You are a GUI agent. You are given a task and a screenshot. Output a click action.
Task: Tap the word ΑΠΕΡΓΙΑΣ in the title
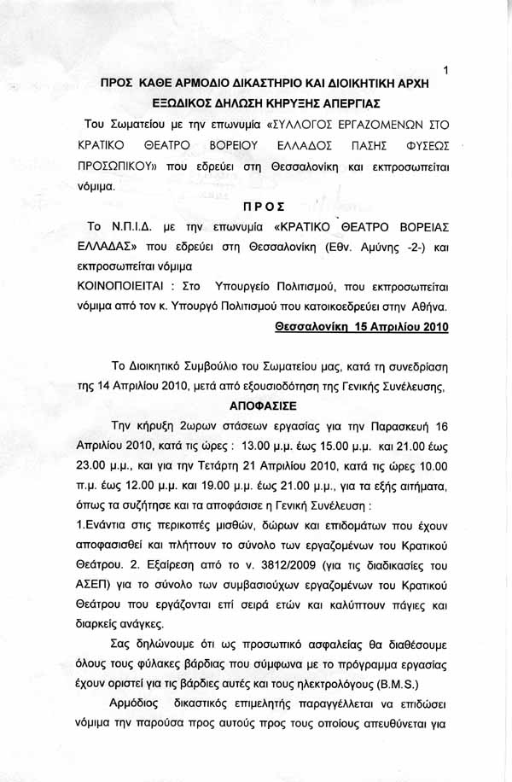(352, 102)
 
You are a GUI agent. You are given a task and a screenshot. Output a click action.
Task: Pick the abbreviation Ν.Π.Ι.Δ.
(134, 228)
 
